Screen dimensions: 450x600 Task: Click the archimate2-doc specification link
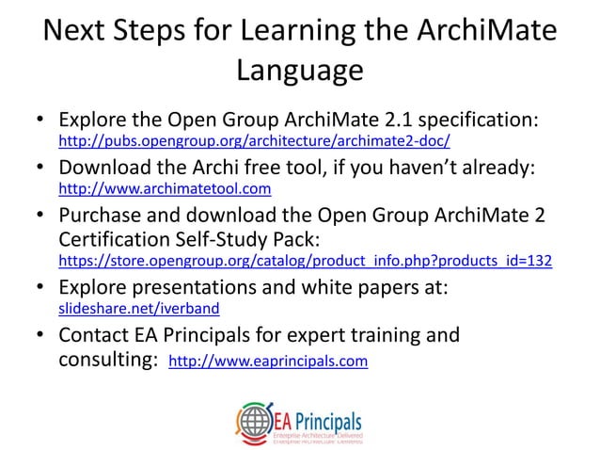[x=254, y=142]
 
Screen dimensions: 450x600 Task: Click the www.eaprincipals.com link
[x=267, y=361]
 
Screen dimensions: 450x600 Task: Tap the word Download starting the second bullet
[x=104, y=168]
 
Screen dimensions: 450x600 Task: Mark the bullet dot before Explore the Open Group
[x=41, y=121]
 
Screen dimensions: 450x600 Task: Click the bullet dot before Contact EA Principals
[x=41, y=334]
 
